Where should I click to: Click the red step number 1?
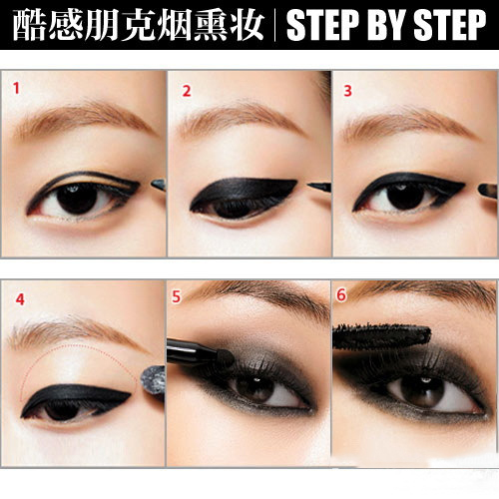[x=16, y=89]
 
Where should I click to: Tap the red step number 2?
[x=187, y=91]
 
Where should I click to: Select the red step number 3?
[x=347, y=91]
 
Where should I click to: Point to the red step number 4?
[x=20, y=299]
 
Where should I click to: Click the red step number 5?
[x=176, y=297]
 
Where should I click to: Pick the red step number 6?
[x=341, y=295]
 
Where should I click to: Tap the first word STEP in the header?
[x=322, y=25]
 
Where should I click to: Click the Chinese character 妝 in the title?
[x=247, y=25]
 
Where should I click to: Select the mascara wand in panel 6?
[x=382, y=335]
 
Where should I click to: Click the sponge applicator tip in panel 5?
[x=225, y=358]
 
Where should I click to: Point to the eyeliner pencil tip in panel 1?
[x=159, y=185]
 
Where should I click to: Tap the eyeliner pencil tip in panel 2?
[x=318, y=187]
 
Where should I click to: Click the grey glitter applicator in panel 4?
[x=153, y=380]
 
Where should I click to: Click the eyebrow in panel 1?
[x=83, y=119]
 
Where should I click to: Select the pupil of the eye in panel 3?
[x=406, y=197]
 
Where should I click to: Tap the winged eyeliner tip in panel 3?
[x=464, y=184]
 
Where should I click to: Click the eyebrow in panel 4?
[x=72, y=331]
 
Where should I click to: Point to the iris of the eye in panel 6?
[x=422, y=391]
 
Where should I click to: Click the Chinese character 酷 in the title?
[x=29, y=25]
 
